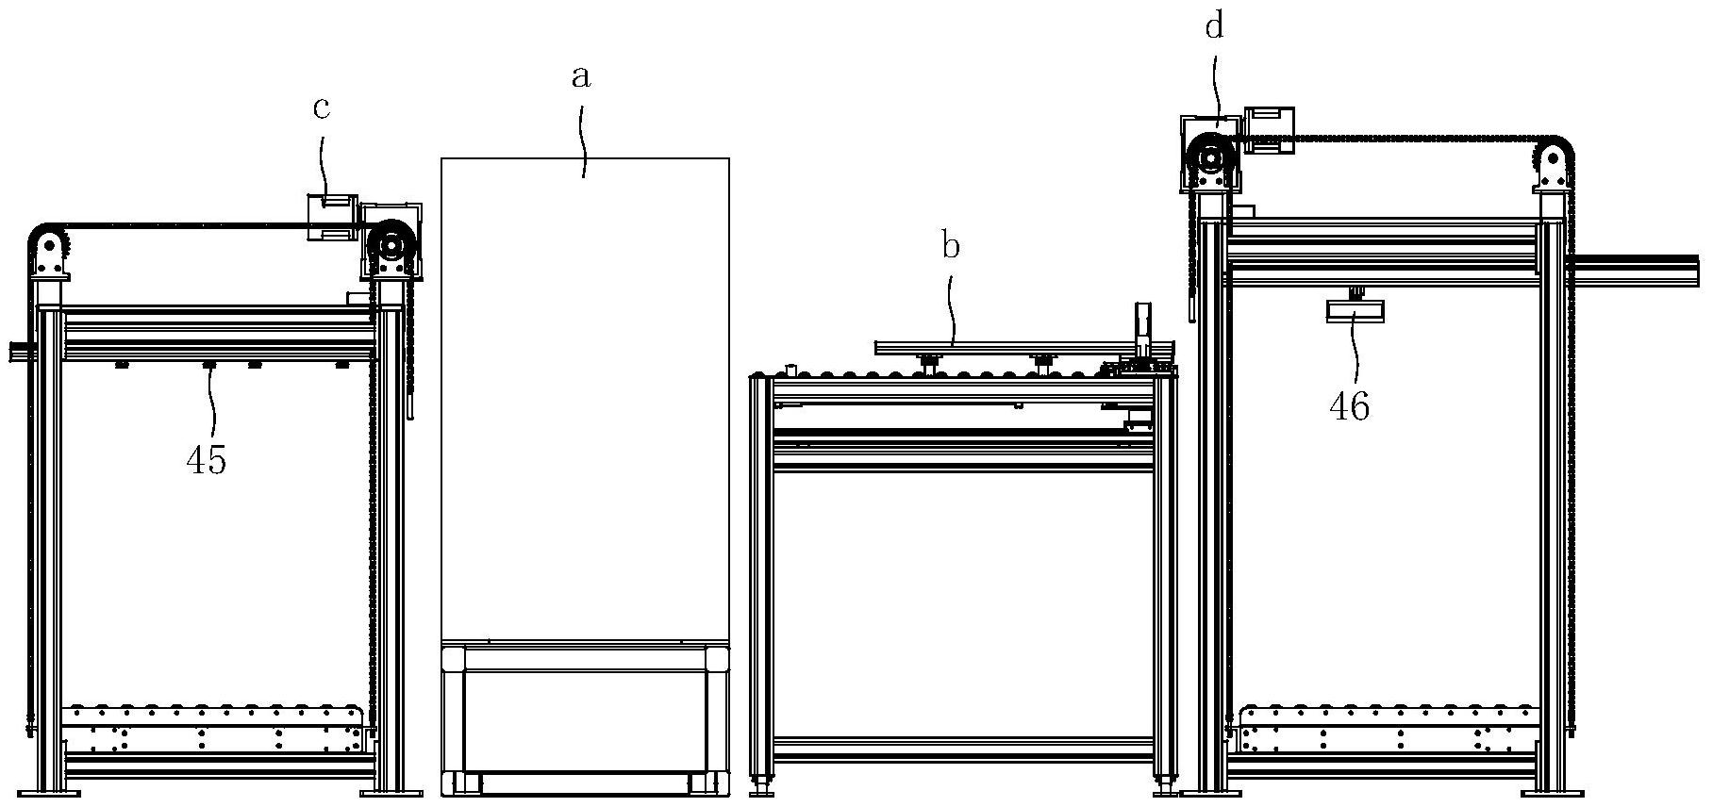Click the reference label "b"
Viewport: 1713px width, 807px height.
point(951,247)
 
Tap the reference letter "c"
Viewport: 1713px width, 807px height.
point(322,108)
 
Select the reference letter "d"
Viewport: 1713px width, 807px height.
point(1214,27)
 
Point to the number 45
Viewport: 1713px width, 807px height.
point(207,461)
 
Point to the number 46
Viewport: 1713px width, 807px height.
point(1349,406)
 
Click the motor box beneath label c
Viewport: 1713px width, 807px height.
point(331,217)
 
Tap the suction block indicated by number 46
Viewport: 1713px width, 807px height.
point(1355,311)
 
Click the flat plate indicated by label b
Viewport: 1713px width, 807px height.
point(1023,348)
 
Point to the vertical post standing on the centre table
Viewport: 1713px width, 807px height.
point(1143,330)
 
